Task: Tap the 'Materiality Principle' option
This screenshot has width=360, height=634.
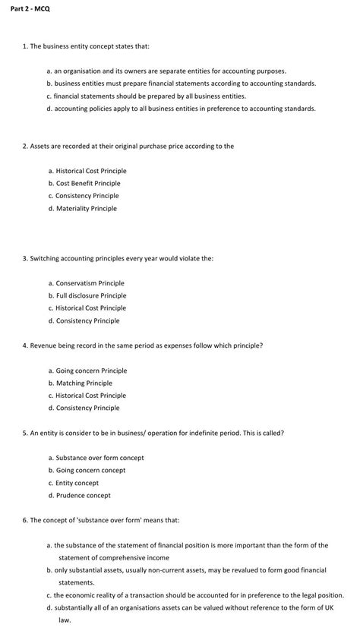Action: click(x=87, y=208)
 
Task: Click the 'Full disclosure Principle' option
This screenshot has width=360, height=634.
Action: click(x=91, y=295)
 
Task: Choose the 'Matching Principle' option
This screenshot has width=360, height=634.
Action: click(x=84, y=383)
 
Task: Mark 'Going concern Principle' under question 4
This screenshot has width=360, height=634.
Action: click(x=91, y=371)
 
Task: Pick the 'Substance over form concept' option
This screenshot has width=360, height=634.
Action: click(x=99, y=458)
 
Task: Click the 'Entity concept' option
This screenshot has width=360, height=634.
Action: click(x=77, y=483)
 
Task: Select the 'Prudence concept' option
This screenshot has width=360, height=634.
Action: click(x=83, y=495)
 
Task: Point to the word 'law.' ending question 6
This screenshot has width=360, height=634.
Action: click(x=65, y=620)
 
